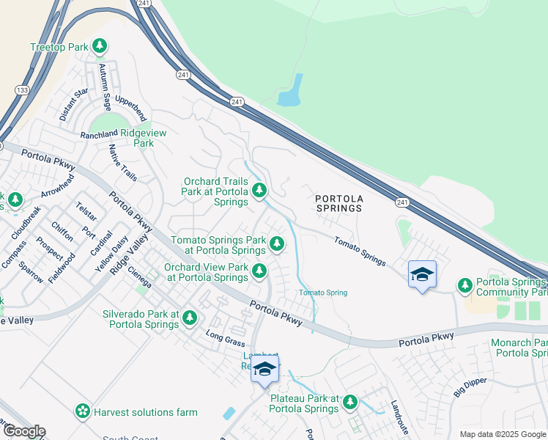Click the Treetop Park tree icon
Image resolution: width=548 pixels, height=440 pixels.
pyautogui.click(x=100, y=47)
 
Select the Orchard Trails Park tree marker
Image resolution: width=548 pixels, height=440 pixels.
pyautogui.click(x=259, y=191)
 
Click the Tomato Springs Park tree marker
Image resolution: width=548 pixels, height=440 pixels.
pyautogui.click(x=276, y=243)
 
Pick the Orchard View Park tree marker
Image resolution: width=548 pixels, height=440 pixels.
pyautogui.click(x=259, y=271)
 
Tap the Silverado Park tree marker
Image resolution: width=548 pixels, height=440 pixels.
pyautogui.click(x=190, y=318)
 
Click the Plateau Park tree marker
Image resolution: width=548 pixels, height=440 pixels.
pyautogui.click(x=349, y=402)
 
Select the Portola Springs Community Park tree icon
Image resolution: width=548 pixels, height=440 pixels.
pyautogui.click(x=464, y=285)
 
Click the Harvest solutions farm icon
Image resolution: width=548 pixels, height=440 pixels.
pyautogui.click(x=83, y=411)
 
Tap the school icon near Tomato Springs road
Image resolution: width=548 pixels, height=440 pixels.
pyautogui.click(x=422, y=274)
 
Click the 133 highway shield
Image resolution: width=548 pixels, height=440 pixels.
pyautogui.click(x=22, y=89)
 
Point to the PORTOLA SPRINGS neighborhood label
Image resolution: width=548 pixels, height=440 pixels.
pyautogui.click(x=338, y=203)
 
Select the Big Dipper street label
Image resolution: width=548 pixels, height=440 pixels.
pyautogui.click(x=470, y=386)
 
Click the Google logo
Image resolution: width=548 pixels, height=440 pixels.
pyautogui.click(x=23, y=431)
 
